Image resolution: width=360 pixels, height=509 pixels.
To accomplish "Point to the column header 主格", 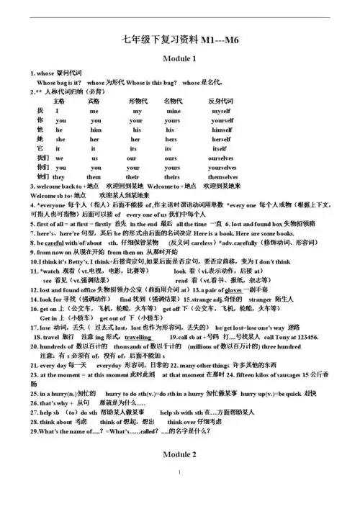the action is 60,101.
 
